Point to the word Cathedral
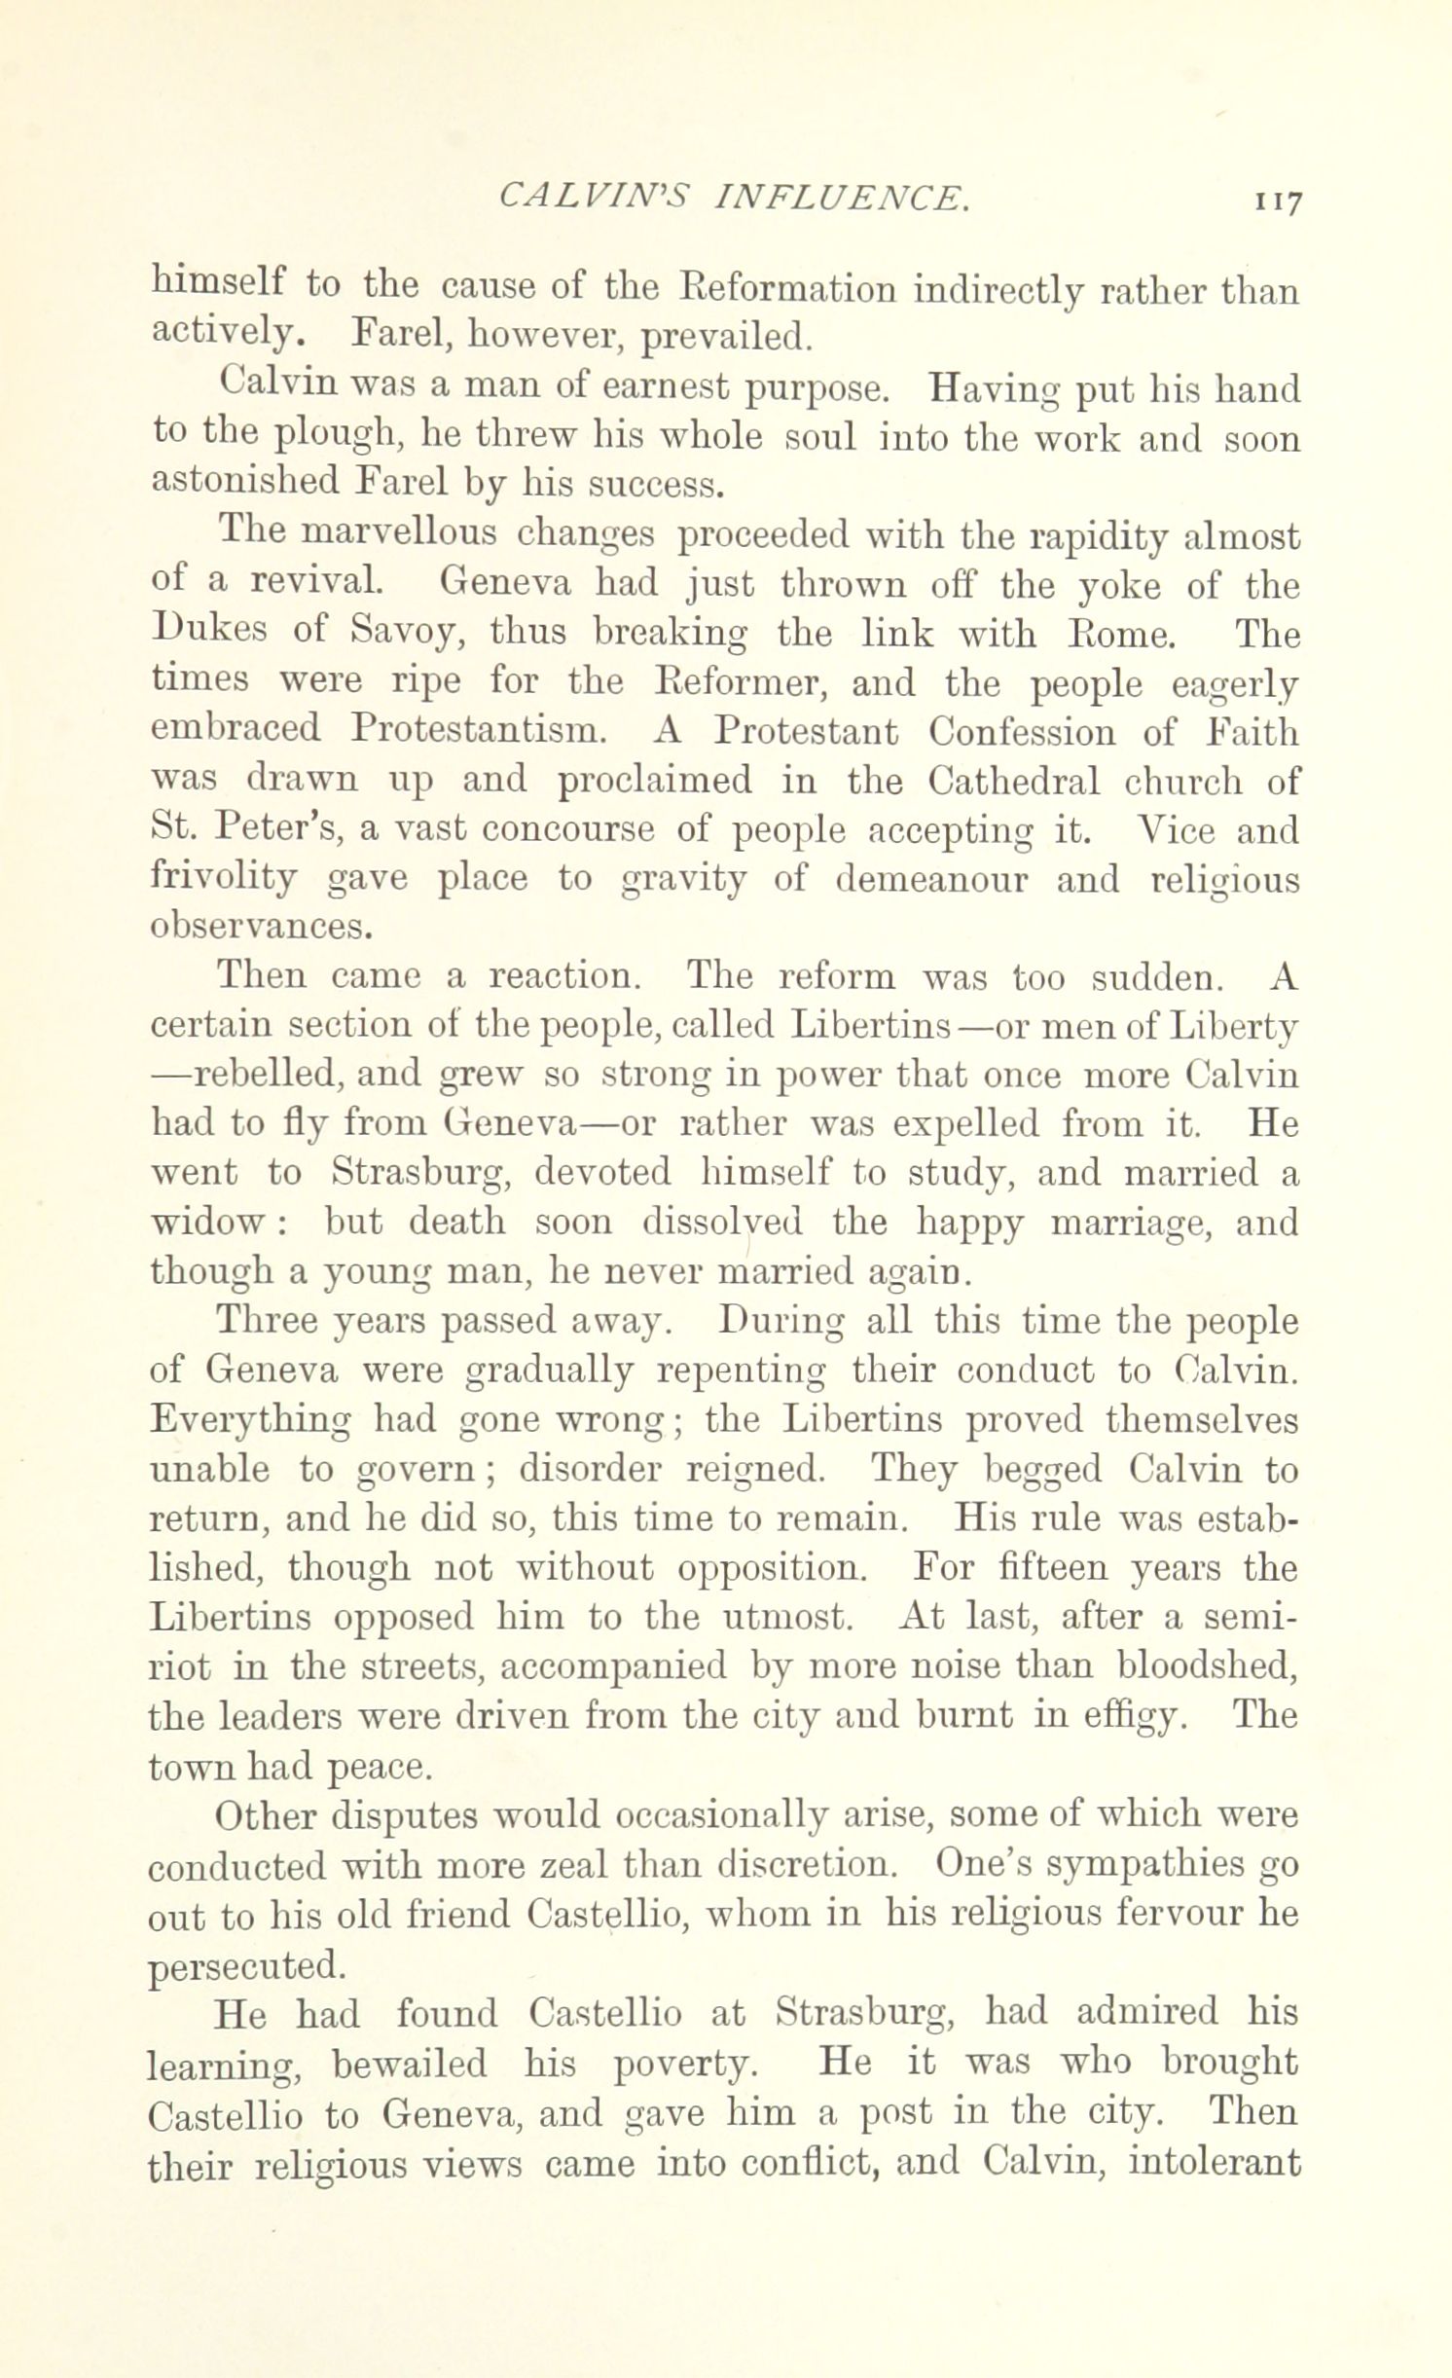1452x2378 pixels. pos(1013,781)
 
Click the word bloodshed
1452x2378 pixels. pos(1205,1666)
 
